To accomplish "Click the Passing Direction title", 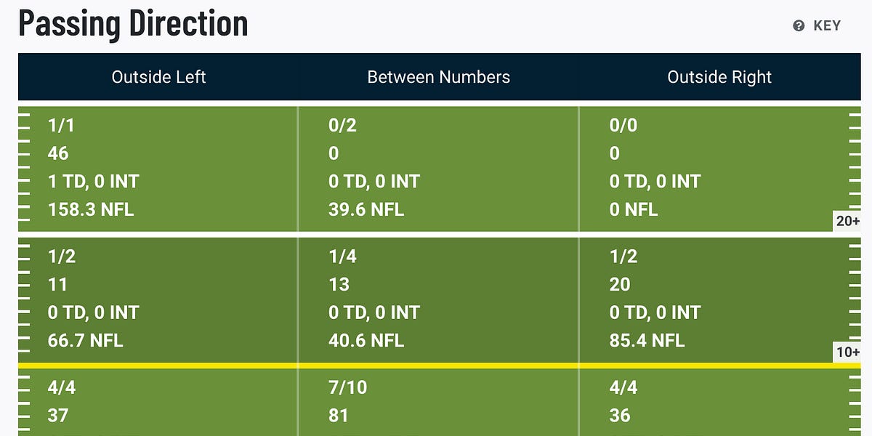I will pyautogui.click(x=133, y=23).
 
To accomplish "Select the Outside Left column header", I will pyautogui.click(x=158, y=77).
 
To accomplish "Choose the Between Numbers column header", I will pyautogui.click(x=438, y=77).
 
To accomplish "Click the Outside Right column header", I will pyautogui.click(x=719, y=77).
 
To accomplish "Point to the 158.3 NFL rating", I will pyautogui.click(x=91, y=210).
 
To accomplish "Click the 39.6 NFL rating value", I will pyautogui.click(x=366, y=210).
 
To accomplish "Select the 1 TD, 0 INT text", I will pyautogui.click(x=94, y=182).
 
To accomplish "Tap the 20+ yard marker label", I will pyautogui.click(x=847, y=221).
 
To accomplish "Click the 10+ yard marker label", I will pyautogui.click(x=847, y=352).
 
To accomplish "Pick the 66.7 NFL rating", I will pyautogui.click(x=85, y=340).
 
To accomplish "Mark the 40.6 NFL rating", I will pyautogui.click(x=366, y=340).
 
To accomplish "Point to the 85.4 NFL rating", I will pyautogui.click(x=647, y=340).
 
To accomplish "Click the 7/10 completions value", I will pyautogui.click(x=348, y=387).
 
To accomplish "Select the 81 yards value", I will pyautogui.click(x=339, y=416).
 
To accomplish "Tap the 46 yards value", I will pyautogui.click(x=58, y=153).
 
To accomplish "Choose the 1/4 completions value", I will pyautogui.click(x=342, y=257).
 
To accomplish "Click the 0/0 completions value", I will pyautogui.click(x=623, y=126).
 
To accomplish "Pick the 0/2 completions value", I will pyautogui.click(x=342, y=126).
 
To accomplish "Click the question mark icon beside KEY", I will pyautogui.click(x=799, y=26).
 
